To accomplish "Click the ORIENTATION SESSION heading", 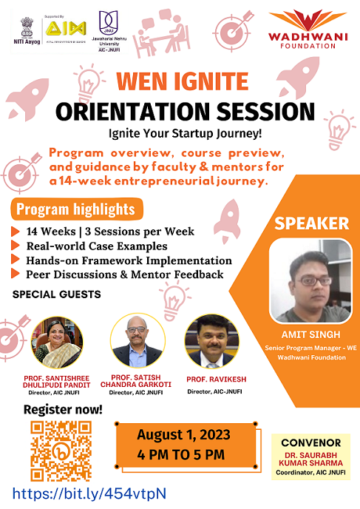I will point(180,111).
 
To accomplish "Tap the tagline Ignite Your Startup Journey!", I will point(180,135).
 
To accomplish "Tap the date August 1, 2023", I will point(183,434).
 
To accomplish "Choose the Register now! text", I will point(56,408).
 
